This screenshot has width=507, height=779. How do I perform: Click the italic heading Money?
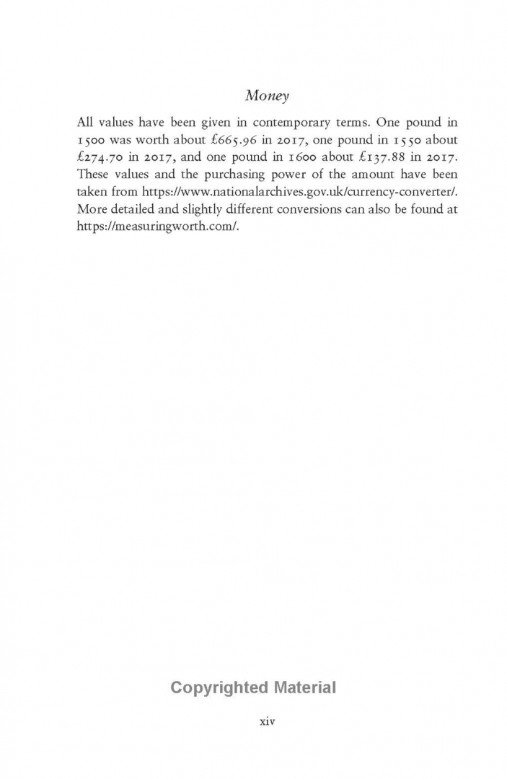267,96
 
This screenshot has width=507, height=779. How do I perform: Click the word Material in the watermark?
304,687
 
